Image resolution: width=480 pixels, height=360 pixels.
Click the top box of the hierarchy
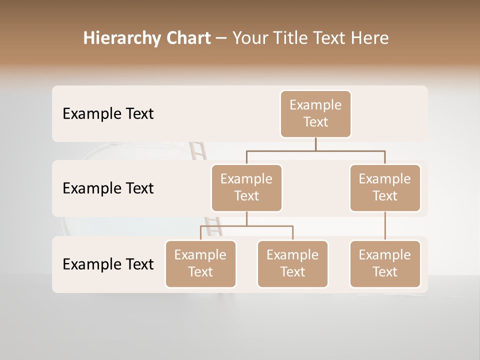[x=315, y=114]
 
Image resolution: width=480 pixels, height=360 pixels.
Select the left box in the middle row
[x=246, y=188]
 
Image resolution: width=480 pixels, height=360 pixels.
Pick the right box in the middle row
[x=385, y=188]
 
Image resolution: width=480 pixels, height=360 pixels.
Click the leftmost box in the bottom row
[x=200, y=264]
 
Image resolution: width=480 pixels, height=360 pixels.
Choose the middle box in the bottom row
[x=292, y=264]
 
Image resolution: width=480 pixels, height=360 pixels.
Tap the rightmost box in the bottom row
[x=385, y=264]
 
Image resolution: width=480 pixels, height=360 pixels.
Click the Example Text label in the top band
[x=108, y=114]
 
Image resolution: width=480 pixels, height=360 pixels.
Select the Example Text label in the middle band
[x=108, y=188]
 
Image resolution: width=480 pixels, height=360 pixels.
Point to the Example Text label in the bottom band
[x=108, y=264]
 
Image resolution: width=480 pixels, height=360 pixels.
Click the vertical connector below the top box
[x=315, y=144]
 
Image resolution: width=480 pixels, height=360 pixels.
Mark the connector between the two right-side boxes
[x=385, y=226]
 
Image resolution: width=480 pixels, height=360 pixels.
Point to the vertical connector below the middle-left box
[x=246, y=219]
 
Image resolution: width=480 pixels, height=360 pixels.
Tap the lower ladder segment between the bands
[x=213, y=226]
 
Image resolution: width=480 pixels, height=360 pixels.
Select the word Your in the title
[x=249, y=38]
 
